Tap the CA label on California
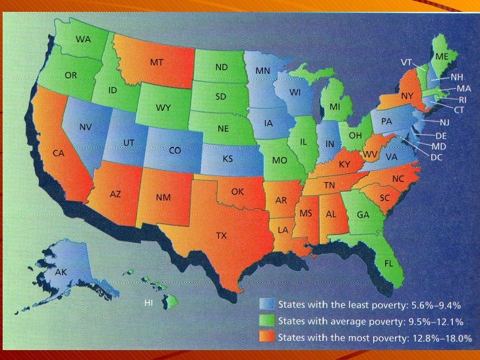pos(58,153)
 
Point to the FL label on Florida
pos(389,263)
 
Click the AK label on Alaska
pos(61,272)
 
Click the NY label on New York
pos(407,96)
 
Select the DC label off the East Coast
pos(436,158)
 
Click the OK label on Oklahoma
pos(238,191)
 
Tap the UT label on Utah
pos(129,142)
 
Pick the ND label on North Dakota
pos(222,67)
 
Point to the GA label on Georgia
pos(363,215)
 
